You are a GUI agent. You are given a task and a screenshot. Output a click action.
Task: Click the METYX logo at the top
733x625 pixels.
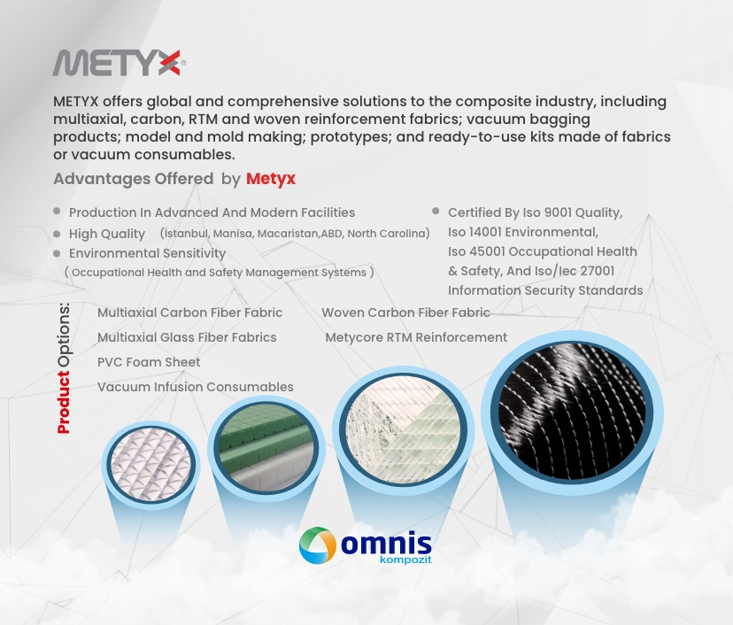[119, 63]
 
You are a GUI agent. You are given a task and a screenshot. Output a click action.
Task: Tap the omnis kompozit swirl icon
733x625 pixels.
[318, 545]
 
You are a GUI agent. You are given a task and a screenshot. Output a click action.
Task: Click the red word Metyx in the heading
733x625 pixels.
[271, 179]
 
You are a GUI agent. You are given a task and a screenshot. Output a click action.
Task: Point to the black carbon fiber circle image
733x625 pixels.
[572, 413]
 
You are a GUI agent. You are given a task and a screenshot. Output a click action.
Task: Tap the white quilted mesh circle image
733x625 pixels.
[151, 465]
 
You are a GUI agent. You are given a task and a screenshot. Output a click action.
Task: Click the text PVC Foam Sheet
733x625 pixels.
[149, 362]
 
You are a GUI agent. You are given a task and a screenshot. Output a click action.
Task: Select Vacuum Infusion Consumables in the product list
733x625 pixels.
[196, 387]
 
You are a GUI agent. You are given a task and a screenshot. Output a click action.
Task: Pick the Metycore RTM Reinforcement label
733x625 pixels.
[416, 337]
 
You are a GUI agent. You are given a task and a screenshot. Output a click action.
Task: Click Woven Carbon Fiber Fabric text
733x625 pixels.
[405, 312]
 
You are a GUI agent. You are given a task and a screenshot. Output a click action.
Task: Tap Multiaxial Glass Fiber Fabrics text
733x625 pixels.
[187, 337]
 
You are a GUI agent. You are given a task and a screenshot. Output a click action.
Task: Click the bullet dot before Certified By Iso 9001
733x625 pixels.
[436, 212]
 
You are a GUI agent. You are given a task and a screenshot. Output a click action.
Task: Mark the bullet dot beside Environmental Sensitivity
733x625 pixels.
[57, 253]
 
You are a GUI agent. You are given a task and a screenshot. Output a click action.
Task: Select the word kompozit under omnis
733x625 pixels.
[405, 560]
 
